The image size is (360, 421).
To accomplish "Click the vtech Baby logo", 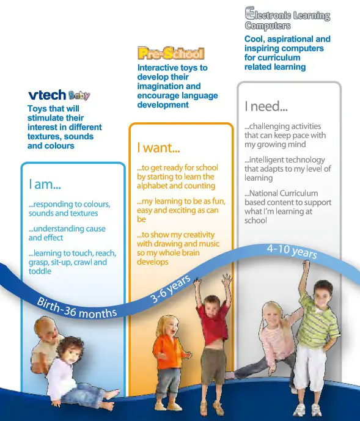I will [x=59, y=95].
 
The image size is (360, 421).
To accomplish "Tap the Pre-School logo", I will [x=171, y=54].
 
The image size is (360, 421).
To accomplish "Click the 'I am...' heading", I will [x=44, y=183].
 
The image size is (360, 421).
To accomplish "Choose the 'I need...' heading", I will [x=266, y=106].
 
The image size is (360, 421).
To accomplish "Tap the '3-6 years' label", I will [x=171, y=287].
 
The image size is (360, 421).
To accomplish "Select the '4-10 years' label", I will [x=292, y=251].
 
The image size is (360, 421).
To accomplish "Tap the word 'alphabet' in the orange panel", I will [x=153, y=185].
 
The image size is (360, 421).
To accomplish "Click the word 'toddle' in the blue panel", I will [x=40, y=271].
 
